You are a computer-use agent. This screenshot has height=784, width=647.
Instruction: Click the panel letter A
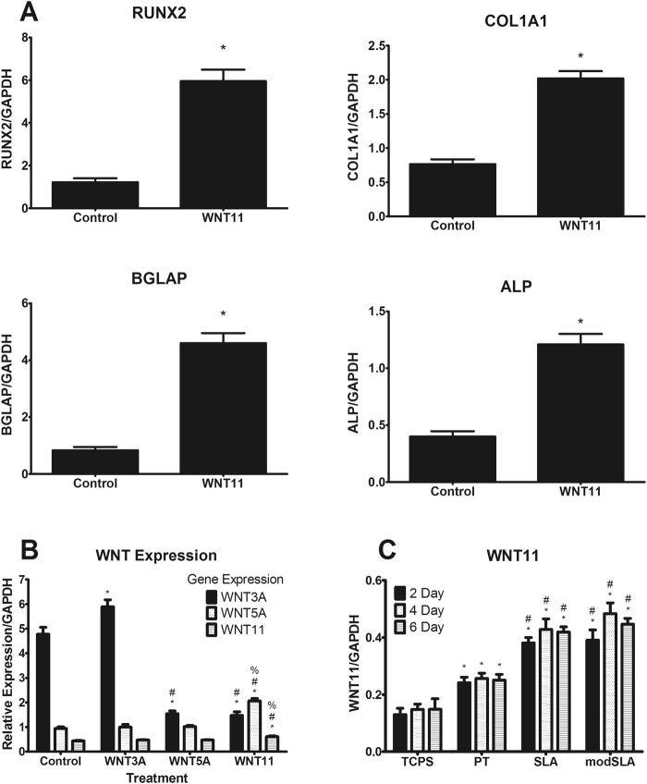point(15,14)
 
